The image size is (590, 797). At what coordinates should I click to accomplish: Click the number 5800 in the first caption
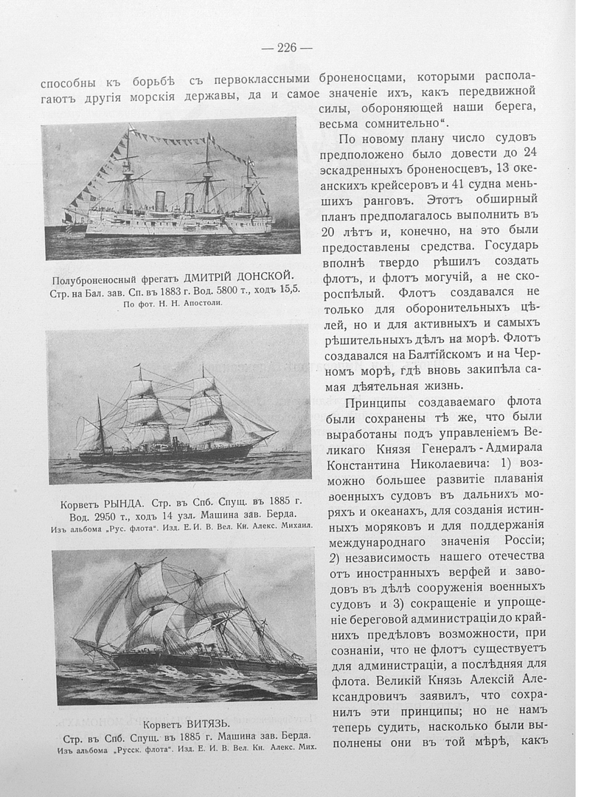(x=203, y=290)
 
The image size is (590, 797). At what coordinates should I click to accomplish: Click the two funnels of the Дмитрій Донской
(x=173, y=201)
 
